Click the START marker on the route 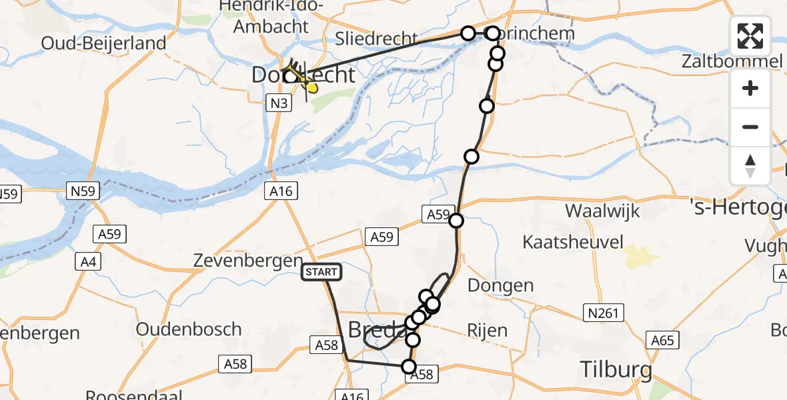pos(322,272)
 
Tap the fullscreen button pos(750,37)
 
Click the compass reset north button pos(750,166)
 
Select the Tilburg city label pos(616,369)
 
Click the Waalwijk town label pos(602,211)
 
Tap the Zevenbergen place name pos(247,261)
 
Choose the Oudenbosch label pos(189,329)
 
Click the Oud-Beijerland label pos(103,44)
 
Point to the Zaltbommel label pos(731,62)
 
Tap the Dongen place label pos(500,286)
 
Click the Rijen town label pos(487,330)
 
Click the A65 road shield pos(663,341)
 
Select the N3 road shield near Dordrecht pos(279,103)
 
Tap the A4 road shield pos(89,261)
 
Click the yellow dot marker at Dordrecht pos(312,88)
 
